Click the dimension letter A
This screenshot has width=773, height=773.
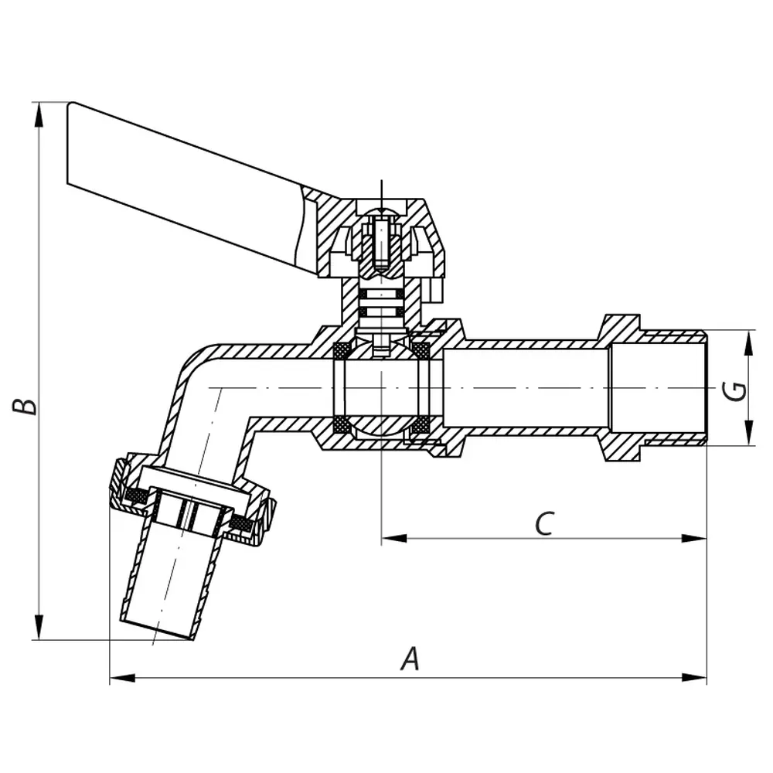(410, 659)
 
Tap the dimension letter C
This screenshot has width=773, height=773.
(544, 523)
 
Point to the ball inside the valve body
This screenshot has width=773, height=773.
(382, 386)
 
